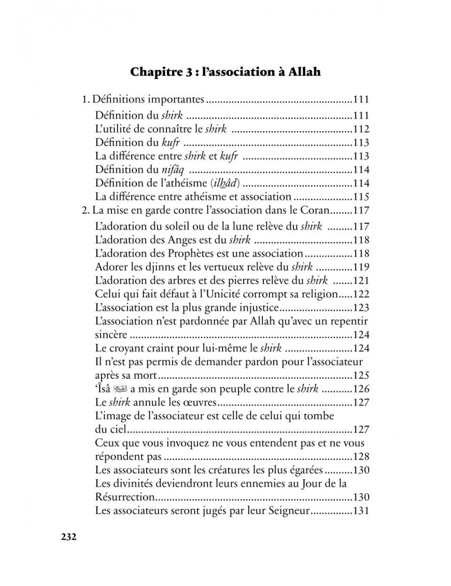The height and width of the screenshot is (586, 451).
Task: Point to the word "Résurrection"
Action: tap(125, 497)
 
